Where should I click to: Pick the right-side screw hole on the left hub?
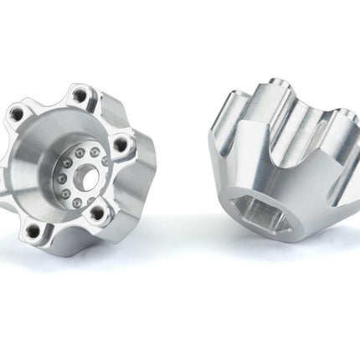tap(122, 145)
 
